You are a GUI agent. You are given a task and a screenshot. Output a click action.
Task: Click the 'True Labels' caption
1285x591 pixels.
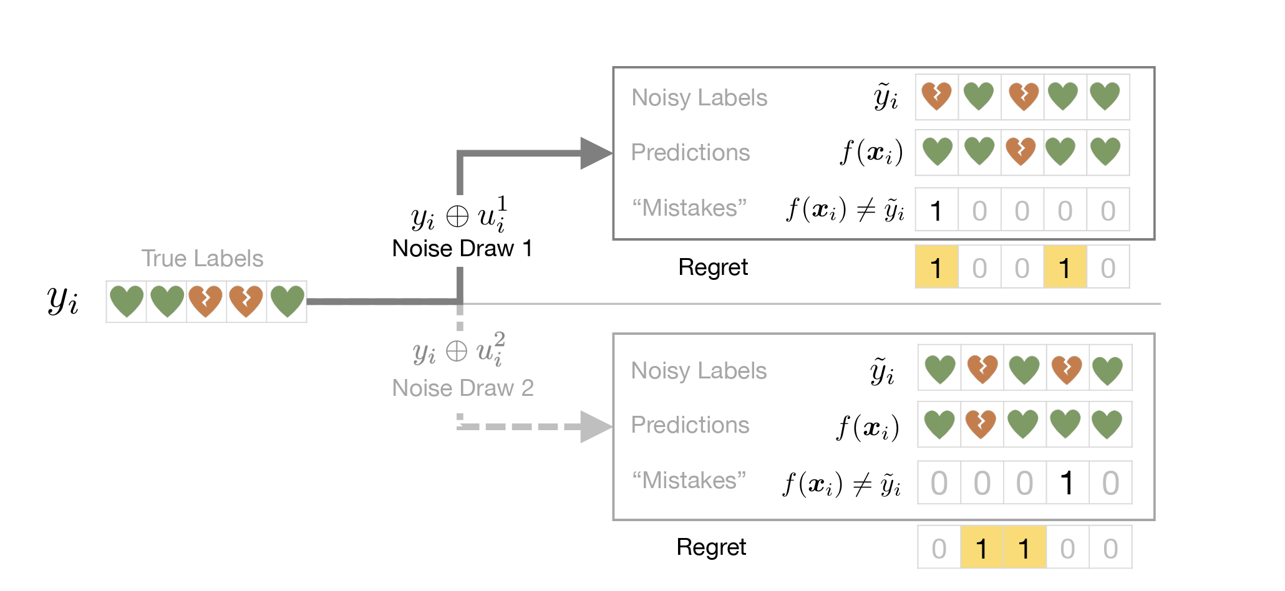click(202, 258)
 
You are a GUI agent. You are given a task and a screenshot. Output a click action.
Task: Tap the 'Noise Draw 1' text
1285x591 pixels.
click(462, 248)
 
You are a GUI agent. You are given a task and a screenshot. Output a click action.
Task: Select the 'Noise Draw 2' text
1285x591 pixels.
click(463, 388)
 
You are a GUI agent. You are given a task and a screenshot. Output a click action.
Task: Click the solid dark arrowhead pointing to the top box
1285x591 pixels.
click(596, 153)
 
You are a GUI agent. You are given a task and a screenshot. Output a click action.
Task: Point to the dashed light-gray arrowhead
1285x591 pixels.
click(596, 426)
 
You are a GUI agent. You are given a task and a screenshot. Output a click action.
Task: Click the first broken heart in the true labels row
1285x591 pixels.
click(206, 301)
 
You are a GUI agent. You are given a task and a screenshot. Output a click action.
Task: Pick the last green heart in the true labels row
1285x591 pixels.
click(287, 301)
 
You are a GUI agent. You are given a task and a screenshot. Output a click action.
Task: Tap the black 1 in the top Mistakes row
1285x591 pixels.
click(936, 211)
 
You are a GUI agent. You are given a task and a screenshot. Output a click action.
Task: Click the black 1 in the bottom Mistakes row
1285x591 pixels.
click(1067, 483)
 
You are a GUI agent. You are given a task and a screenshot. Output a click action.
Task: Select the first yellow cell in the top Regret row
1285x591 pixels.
click(937, 267)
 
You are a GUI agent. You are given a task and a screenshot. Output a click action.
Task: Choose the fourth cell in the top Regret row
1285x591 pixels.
click(1065, 267)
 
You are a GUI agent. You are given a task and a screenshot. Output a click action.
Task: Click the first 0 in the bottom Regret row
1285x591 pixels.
click(939, 549)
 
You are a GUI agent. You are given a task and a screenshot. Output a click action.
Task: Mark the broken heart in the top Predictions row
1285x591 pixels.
click(1021, 151)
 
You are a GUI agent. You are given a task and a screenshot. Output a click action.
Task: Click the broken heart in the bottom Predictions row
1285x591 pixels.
click(981, 425)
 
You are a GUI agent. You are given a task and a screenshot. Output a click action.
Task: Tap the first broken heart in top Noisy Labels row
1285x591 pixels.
click(937, 96)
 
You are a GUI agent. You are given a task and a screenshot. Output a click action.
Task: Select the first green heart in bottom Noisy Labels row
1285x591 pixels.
click(940, 369)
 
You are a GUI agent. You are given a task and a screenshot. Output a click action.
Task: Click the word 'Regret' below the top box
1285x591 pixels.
click(713, 267)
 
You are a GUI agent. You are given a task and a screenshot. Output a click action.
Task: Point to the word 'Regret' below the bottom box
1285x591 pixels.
click(712, 547)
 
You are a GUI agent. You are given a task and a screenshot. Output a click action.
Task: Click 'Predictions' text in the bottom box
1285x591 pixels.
click(690, 425)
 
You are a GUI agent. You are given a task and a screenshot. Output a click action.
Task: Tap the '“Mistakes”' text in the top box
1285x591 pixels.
click(689, 208)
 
